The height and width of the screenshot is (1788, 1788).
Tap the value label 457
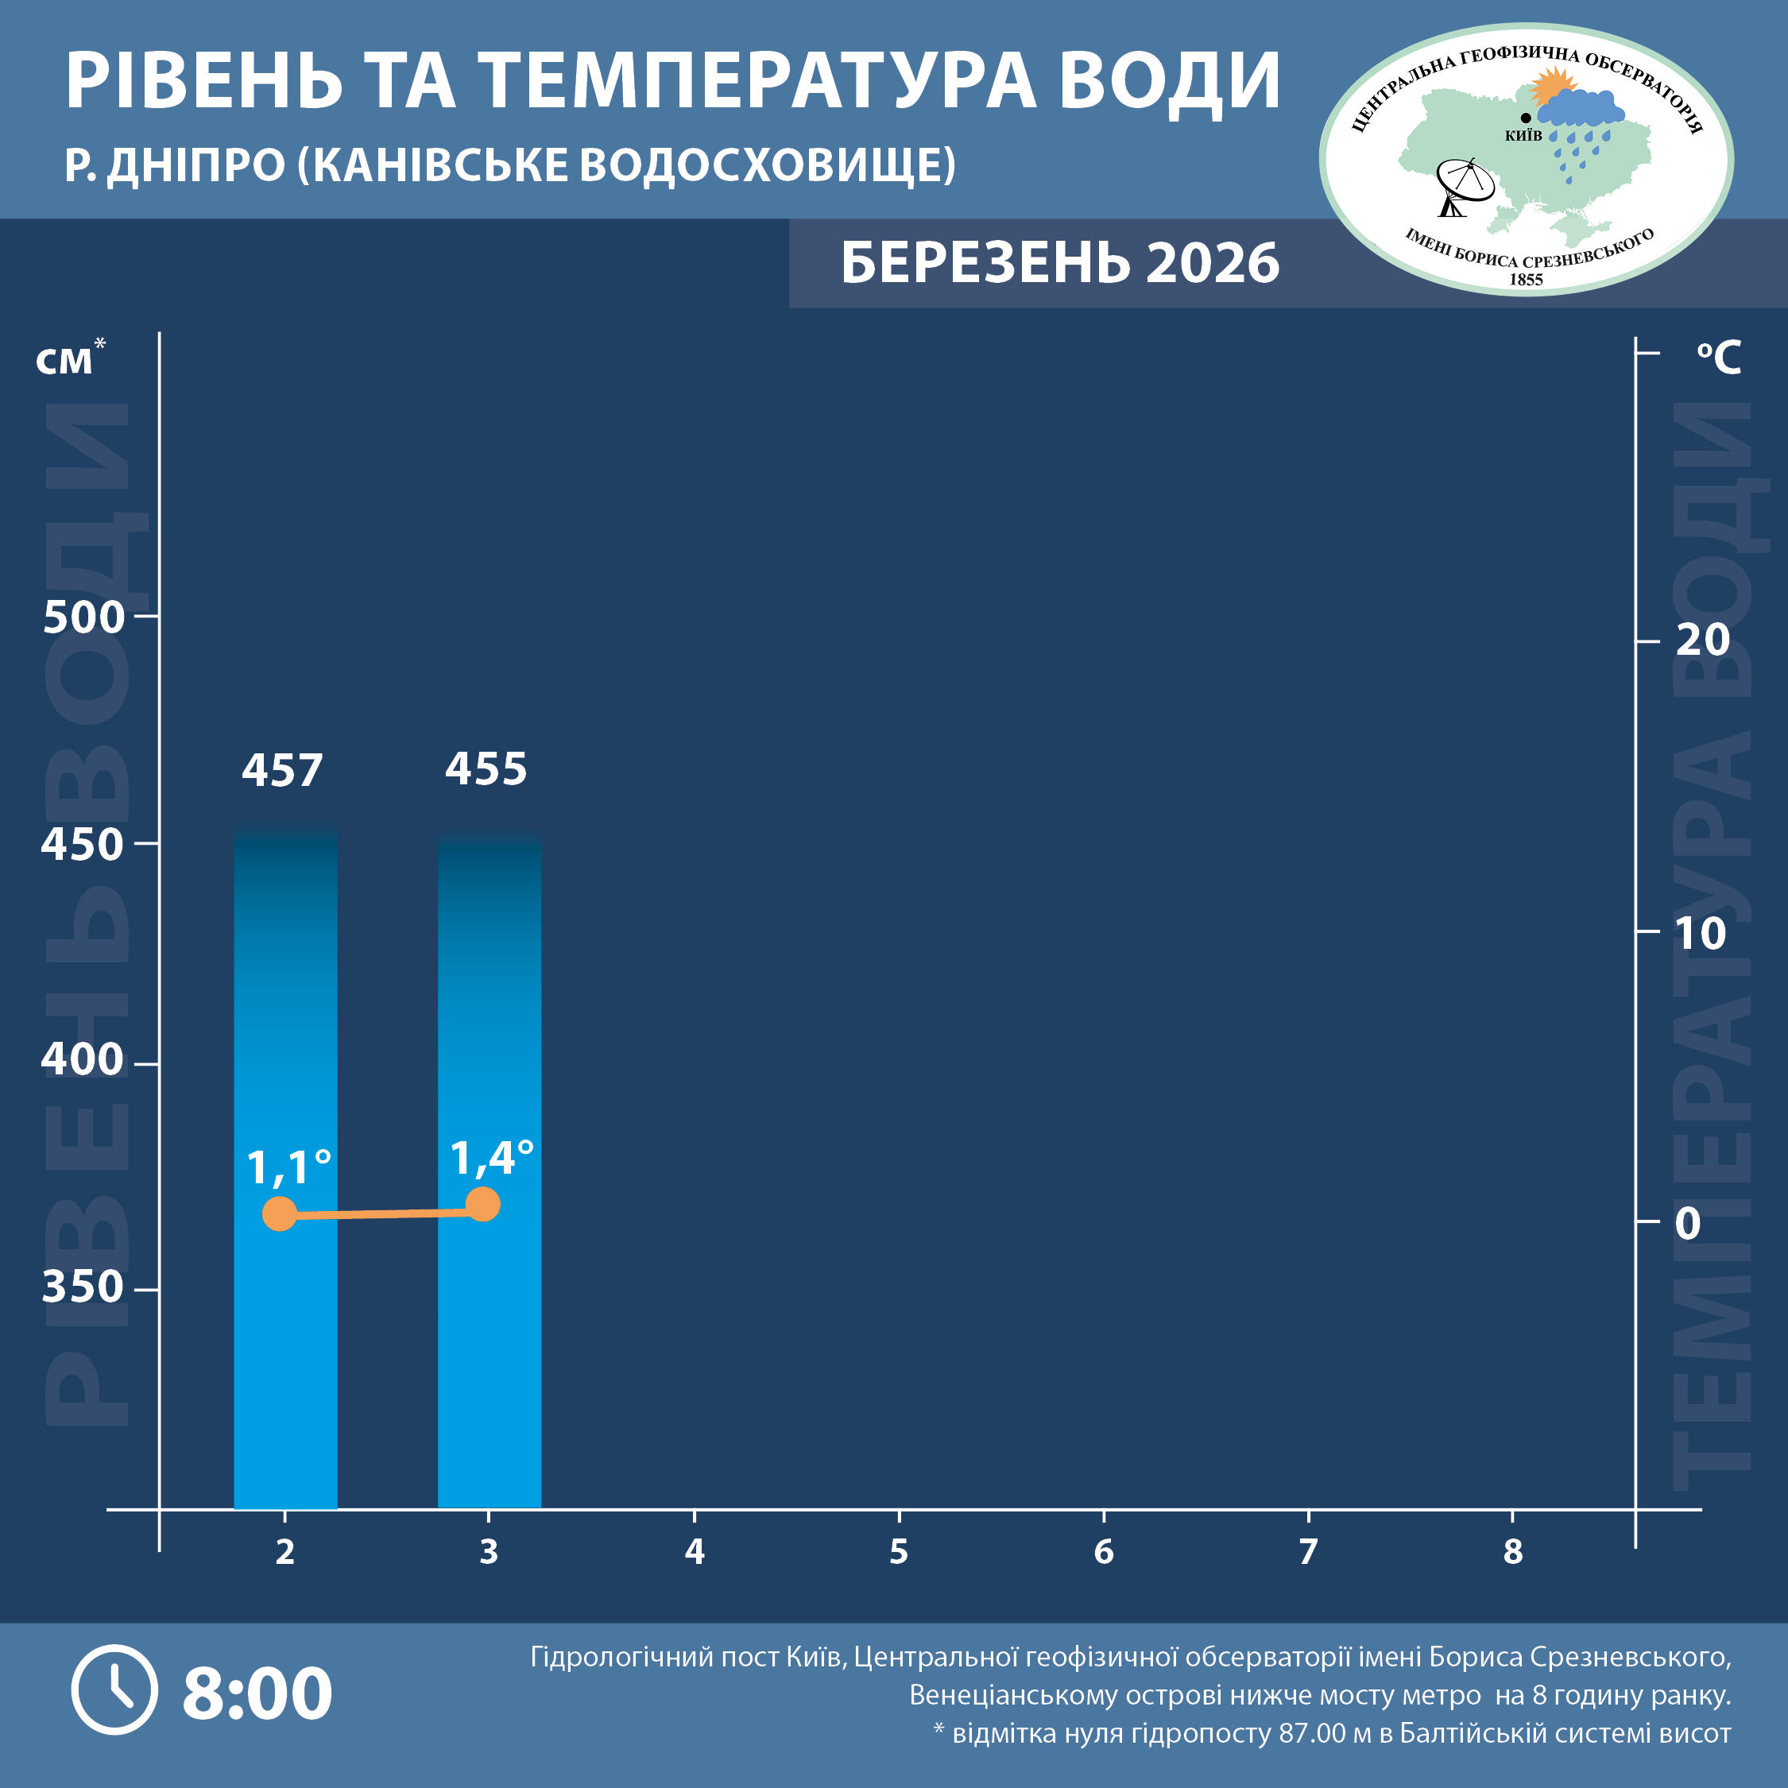(x=282, y=771)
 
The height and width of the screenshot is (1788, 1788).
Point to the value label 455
(x=486, y=769)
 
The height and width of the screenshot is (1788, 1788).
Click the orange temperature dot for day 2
(x=280, y=1213)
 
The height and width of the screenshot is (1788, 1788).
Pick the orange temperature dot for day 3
(x=483, y=1204)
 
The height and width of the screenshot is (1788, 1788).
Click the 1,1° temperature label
(x=288, y=1168)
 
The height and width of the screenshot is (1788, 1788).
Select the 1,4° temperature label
(x=491, y=1159)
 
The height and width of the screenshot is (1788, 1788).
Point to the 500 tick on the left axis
(x=83, y=617)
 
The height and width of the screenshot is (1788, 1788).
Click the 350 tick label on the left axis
(x=83, y=1287)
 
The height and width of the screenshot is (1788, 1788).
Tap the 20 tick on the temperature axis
(x=1702, y=641)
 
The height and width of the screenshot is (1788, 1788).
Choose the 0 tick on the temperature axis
(x=1687, y=1224)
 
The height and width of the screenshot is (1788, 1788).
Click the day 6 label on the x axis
(x=1103, y=1552)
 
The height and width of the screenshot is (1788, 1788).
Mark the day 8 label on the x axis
(x=1512, y=1552)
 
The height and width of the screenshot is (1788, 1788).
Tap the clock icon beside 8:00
(x=114, y=1690)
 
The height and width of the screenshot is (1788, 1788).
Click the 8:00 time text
(x=257, y=1693)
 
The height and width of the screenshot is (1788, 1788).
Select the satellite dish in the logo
(x=1464, y=186)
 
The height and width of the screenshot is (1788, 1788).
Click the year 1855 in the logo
(x=1526, y=280)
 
